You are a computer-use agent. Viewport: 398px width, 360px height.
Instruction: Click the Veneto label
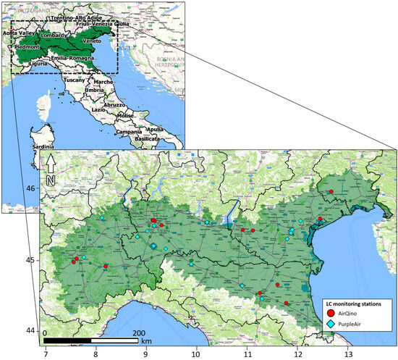click(x=92, y=41)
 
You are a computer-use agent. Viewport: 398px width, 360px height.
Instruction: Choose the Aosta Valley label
click(x=18, y=33)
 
